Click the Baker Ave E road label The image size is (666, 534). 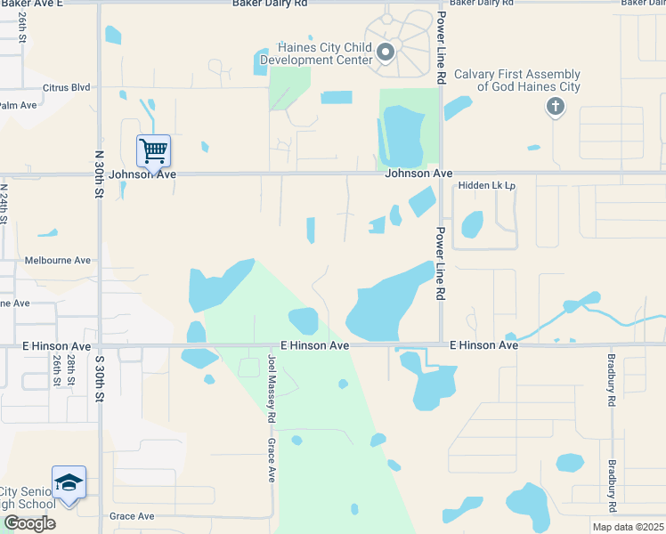pos(32,4)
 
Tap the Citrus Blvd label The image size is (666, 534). pos(67,87)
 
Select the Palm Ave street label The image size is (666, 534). pos(18,105)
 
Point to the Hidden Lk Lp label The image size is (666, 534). pos(487,186)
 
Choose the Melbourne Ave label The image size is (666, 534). pos(64,261)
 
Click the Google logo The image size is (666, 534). pos(29,522)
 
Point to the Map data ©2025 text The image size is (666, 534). pos(621,527)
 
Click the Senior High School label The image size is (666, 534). pos(27,498)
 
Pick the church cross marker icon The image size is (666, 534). pos(555,108)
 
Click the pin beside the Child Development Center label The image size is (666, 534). pos(386,53)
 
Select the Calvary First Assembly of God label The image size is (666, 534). pos(517,81)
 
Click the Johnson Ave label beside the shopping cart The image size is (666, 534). pos(142,174)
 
